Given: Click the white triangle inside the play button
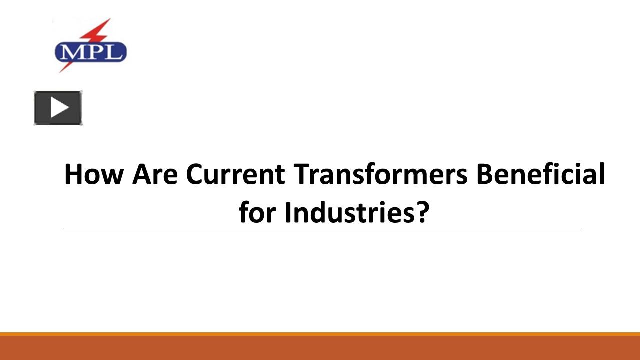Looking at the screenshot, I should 59,108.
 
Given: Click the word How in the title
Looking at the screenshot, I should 94,174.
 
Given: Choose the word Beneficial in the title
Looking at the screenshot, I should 540,174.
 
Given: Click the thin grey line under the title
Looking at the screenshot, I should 322,228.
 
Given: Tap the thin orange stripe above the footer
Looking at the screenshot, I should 320,334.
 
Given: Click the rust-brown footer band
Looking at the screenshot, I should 320,348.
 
